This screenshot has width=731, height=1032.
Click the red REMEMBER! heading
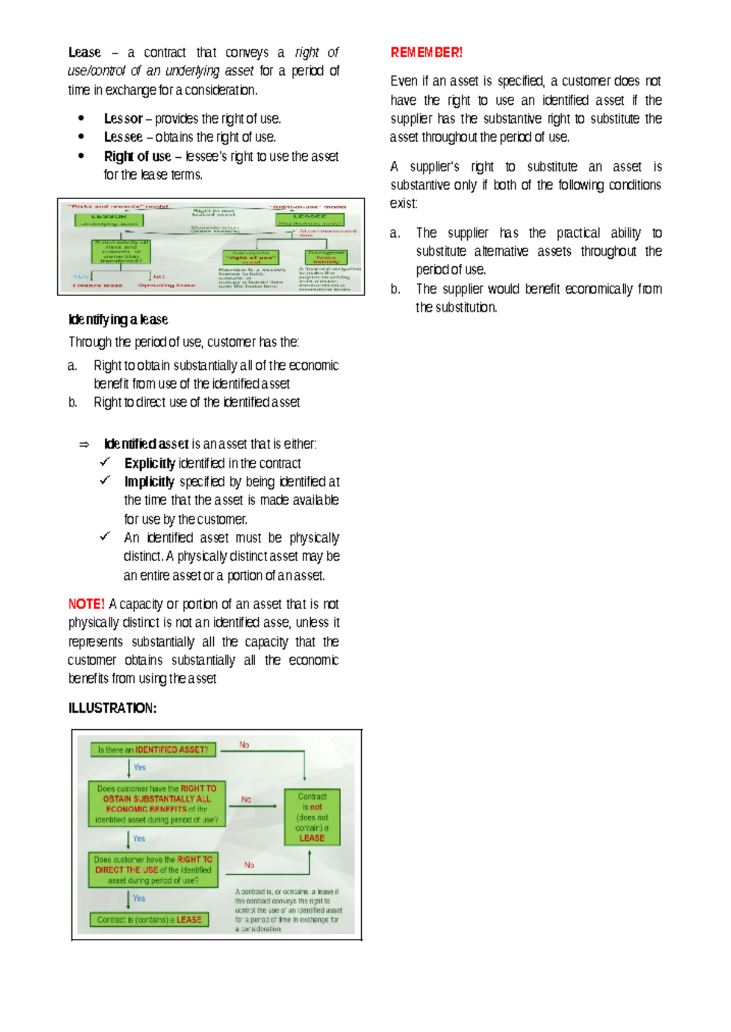pyautogui.click(x=426, y=52)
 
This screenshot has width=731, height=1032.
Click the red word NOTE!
pyautogui.click(x=86, y=604)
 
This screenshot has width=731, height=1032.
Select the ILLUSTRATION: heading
pyautogui.click(x=112, y=708)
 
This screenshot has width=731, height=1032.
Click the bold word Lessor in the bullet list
pyautogui.click(x=123, y=118)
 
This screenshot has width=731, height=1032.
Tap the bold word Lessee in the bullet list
pyautogui.click(x=123, y=137)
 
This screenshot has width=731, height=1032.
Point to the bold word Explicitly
pyautogui.click(x=150, y=463)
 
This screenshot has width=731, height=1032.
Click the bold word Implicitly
pyautogui.click(x=149, y=482)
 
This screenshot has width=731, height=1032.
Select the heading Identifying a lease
pyautogui.click(x=118, y=319)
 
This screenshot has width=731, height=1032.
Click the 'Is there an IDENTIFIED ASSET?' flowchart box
pyautogui.click(x=153, y=750)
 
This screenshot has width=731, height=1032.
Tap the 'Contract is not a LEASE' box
pyautogui.click(x=312, y=817)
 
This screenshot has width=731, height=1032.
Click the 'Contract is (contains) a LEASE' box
pyautogui.click(x=149, y=919)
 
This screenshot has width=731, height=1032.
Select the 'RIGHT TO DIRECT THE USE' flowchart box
pyautogui.click(x=153, y=869)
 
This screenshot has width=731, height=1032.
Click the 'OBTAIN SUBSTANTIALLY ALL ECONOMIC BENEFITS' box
pyautogui.click(x=157, y=804)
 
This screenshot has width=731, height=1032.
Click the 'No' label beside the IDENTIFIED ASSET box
pyautogui.click(x=244, y=744)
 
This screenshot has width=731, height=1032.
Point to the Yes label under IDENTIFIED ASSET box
pyautogui.click(x=139, y=767)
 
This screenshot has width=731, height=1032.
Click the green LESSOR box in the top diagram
pyautogui.click(x=110, y=219)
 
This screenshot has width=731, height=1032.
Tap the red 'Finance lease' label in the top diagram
pyautogui.click(x=97, y=285)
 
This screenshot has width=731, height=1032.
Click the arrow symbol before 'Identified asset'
pyautogui.click(x=84, y=444)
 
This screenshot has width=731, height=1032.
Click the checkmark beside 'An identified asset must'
pyautogui.click(x=105, y=537)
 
